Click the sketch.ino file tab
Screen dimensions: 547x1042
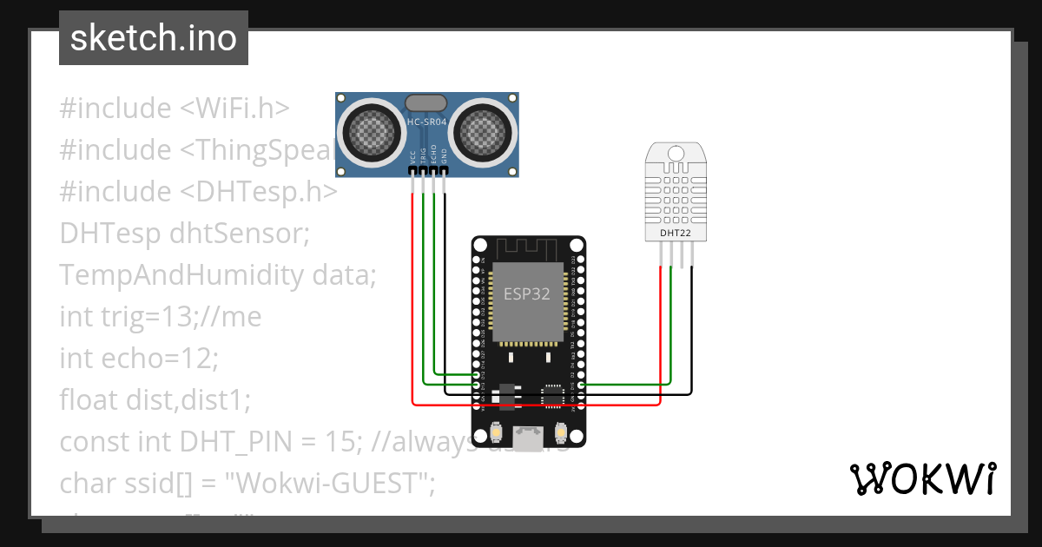(x=154, y=38)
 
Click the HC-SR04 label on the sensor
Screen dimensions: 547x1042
(x=426, y=122)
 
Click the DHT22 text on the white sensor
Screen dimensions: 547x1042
(x=676, y=233)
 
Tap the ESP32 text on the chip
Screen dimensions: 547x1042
(x=527, y=293)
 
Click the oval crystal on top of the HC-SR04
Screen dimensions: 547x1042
(x=426, y=104)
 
